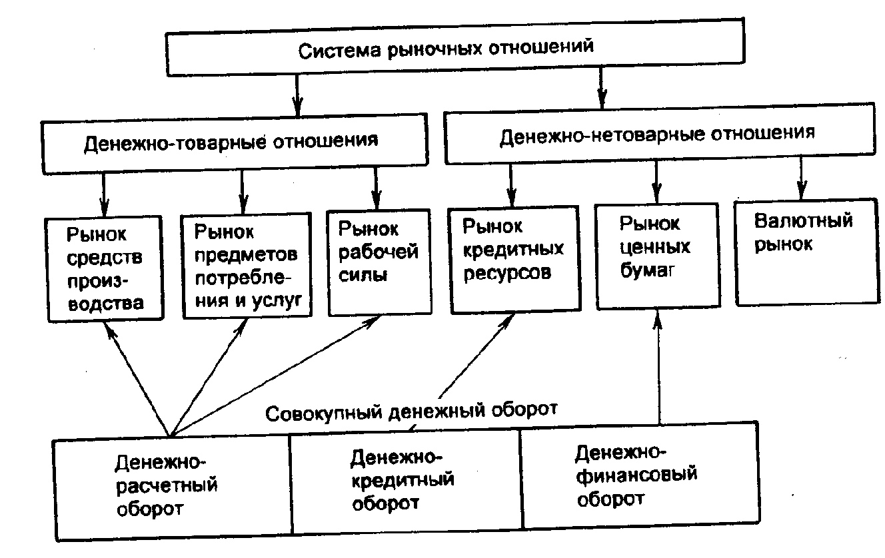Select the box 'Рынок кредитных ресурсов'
pyautogui.click(x=512, y=258)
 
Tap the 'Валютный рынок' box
pyautogui.click(x=803, y=250)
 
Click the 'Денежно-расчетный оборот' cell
pyautogui.click(x=172, y=487)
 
